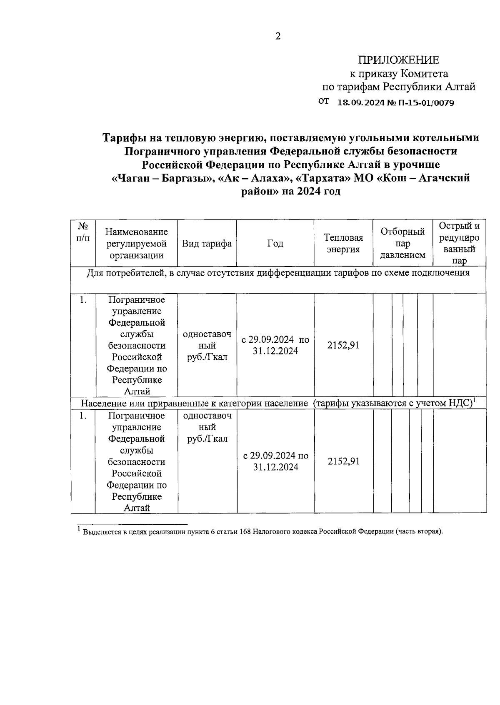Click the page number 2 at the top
[278, 36]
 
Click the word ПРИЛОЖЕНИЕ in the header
[399, 60]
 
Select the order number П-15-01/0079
[426, 102]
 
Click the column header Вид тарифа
[207, 244]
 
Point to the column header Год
[275, 244]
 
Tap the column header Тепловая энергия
[343, 243]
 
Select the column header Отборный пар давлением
[402, 243]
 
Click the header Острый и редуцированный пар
[459, 243]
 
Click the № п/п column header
[83, 232]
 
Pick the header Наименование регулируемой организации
[137, 244]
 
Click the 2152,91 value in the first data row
[343, 345]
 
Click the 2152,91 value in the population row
[343, 461]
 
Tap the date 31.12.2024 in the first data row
[275, 351]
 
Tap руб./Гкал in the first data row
[207, 357]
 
